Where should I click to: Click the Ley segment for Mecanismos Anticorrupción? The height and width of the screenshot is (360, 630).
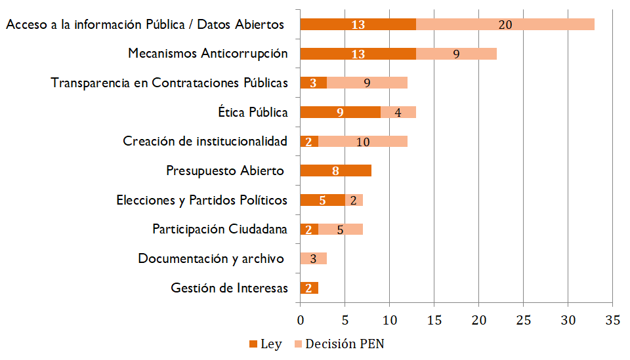click(x=358, y=54)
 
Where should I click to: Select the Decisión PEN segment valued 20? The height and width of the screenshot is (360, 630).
click(x=505, y=24)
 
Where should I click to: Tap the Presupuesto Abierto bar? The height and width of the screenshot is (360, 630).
click(x=335, y=171)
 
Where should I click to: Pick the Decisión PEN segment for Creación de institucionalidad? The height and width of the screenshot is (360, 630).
click(x=363, y=142)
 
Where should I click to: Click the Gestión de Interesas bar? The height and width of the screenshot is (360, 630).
click(x=308, y=288)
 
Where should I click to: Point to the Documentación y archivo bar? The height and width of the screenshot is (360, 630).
click(x=313, y=258)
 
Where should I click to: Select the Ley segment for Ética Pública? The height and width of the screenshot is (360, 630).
click(x=340, y=112)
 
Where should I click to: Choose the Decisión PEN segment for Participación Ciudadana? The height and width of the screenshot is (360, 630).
click(x=340, y=230)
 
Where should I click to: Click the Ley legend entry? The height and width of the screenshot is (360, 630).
click(x=266, y=344)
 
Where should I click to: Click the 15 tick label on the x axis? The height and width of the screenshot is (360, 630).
click(x=434, y=321)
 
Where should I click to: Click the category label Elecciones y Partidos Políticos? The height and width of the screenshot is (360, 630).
click(x=201, y=200)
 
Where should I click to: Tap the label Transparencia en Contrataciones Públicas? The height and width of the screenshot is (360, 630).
click(x=169, y=83)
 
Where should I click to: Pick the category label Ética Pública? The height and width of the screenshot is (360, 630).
click(x=253, y=112)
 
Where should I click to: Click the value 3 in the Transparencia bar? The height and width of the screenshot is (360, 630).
click(x=313, y=83)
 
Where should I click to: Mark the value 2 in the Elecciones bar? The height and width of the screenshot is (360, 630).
click(x=353, y=200)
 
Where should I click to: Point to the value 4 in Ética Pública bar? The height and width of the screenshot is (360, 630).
click(x=398, y=112)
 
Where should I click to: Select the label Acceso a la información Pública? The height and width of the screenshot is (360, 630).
click(x=145, y=25)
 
